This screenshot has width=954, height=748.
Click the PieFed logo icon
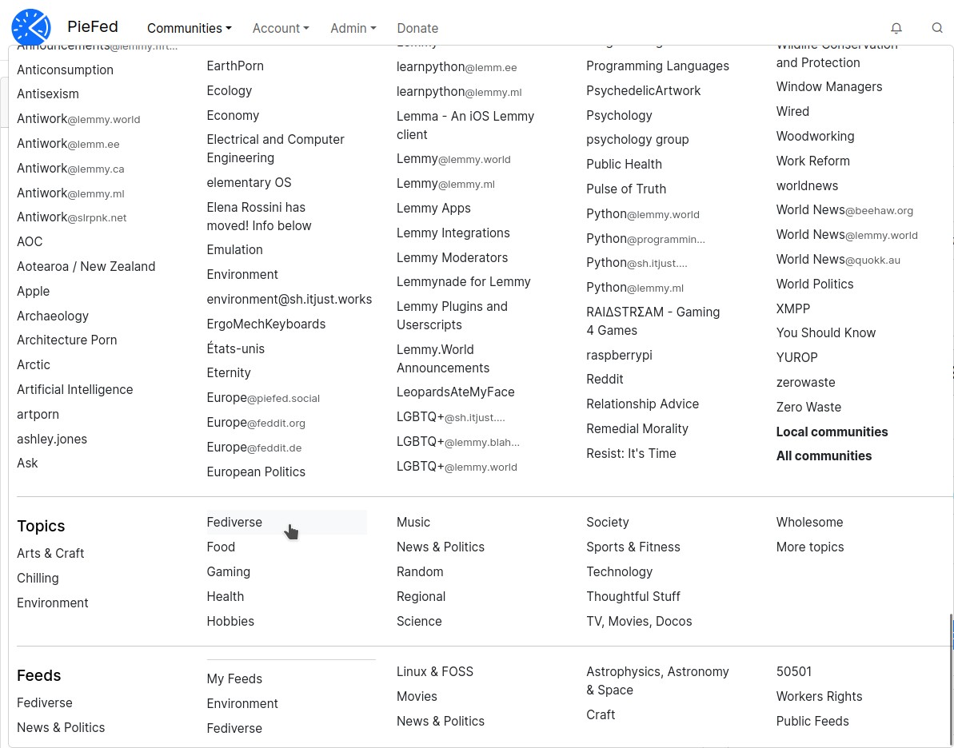[x=31, y=27]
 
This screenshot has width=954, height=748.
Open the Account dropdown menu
[x=280, y=28]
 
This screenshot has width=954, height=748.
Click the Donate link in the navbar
[x=417, y=28]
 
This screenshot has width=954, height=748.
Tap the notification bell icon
[x=896, y=28]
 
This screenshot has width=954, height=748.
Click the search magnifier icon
[x=937, y=28]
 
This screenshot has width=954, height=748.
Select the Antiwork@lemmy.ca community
[x=70, y=169]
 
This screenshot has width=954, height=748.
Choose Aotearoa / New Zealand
[x=86, y=266]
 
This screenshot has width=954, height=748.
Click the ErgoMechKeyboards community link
[x=265, y=324]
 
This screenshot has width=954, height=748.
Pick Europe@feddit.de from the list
[x=253, y=447]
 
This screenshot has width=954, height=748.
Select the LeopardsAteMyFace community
[x=455, y=392]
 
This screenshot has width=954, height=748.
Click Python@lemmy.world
[x=642, y=213]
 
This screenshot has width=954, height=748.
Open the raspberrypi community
[x=619, y=355]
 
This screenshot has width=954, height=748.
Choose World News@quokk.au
[x=837, y=259]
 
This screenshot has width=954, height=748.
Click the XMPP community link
[x=792, y=308]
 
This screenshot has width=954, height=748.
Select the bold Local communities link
[x=832, y=432]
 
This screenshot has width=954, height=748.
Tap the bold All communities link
[x=824, y=456]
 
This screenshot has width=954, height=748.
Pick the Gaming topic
[x=228, y=571]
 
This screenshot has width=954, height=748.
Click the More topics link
[x=809, y=547]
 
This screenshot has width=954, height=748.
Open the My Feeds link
[x=234, y=678]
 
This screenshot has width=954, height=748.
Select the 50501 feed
[x=793, y=671]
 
